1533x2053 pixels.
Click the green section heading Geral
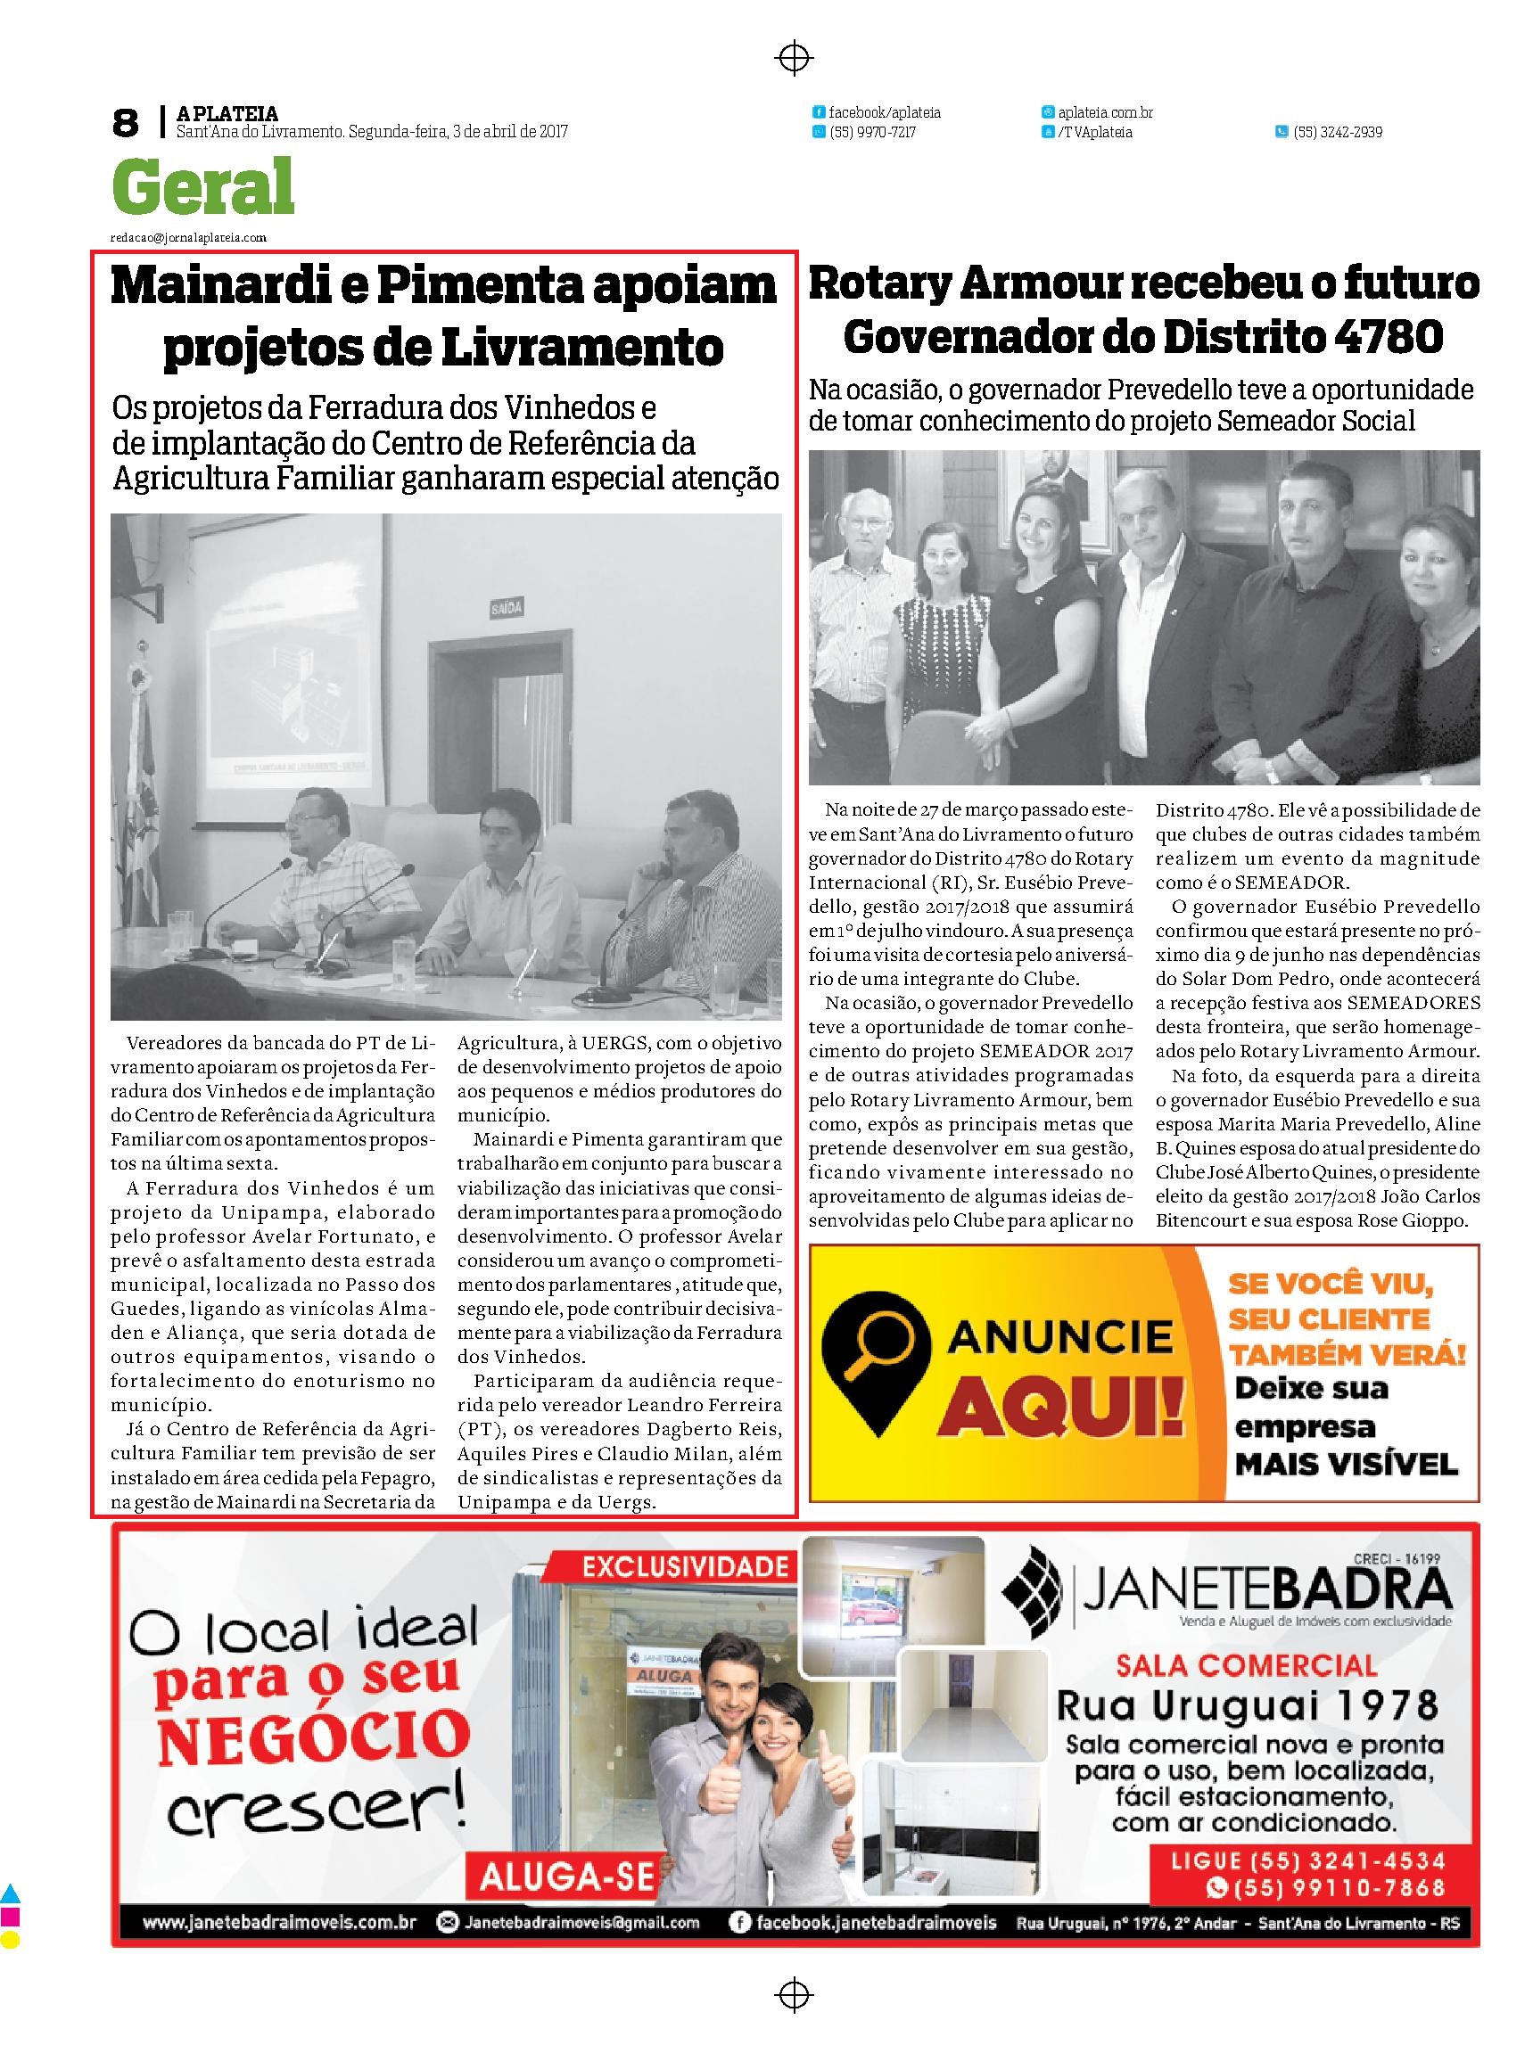(x=203, y=186)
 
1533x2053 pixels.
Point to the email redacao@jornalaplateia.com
(x=188, y=237)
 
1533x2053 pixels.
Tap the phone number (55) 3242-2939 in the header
(x=1337, y=133)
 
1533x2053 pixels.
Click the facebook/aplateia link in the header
(x=884, y=112)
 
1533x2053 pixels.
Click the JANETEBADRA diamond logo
(x=1034, y=1590)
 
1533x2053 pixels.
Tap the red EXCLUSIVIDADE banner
(x=684, y=1568)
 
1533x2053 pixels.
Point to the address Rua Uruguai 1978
(x=1249, y=1704)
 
